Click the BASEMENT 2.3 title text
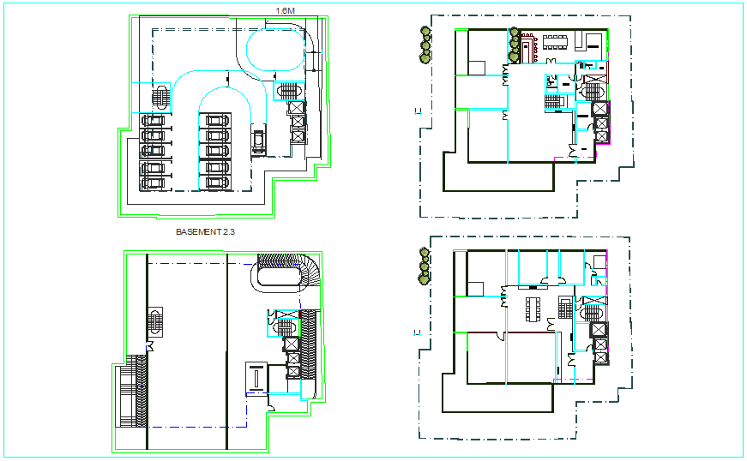(x=204, y=231)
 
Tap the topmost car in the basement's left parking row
(x=153, y=121)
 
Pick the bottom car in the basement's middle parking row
(x=214, y=182)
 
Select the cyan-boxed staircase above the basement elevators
(x=286, y=88)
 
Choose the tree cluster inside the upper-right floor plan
(x=515, y=45)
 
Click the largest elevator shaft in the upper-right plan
(x=599, y=109)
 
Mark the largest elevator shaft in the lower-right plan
(x=599, y=330)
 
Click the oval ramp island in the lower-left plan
(x=277, y=276)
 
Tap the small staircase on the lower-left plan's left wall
(x=154, y=322)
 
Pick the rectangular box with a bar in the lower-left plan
(x=256, y=377)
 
